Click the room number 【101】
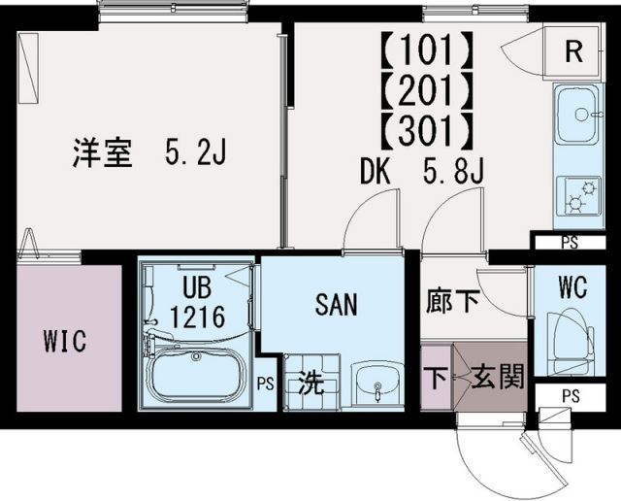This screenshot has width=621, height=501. pos(427,46)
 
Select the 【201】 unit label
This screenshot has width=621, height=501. pos(427,87)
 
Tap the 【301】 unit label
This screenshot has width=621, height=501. pos(427,128)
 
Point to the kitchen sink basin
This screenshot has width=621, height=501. pos(579,116)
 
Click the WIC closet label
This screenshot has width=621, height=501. pos(64,342)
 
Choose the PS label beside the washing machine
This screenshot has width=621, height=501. pos(265,383)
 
